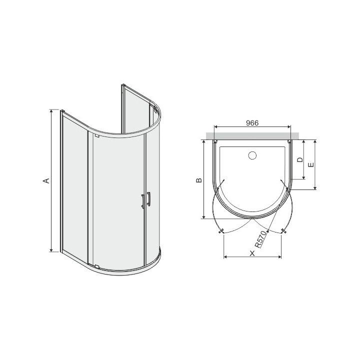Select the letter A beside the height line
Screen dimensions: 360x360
point(45,180)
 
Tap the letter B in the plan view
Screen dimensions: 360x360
point(198,180)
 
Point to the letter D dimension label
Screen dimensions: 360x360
point(299,160)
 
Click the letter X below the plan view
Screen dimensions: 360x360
point(252,253)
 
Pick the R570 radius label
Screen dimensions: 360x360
point(259,241)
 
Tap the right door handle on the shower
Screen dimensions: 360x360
point(148,199)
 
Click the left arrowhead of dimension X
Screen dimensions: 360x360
point(224,257)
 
